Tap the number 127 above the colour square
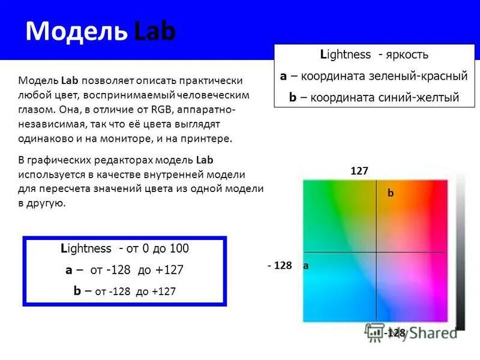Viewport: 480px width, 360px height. click(359, 171)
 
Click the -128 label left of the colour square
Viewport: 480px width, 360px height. click(280, 265)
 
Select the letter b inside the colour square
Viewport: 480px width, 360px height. click(390, 193)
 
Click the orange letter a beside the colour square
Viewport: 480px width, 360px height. click(305, 265)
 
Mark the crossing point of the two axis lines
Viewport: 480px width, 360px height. click(376, 252)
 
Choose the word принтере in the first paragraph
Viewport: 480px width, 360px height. click(208, 139)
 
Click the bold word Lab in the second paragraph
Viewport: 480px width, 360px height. click(205, 160)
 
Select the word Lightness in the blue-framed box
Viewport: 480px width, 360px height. click(86, 248)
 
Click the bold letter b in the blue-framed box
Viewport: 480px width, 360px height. click(77, 291)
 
